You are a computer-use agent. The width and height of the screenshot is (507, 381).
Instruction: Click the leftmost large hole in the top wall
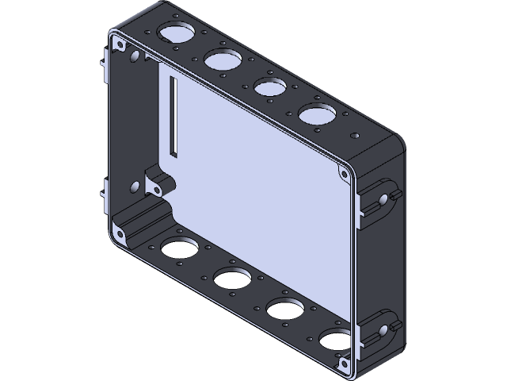[x=177, y=33]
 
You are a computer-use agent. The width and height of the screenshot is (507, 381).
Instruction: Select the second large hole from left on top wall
[x=223, y=59]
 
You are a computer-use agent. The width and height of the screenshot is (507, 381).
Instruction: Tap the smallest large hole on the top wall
[x=270, y=85]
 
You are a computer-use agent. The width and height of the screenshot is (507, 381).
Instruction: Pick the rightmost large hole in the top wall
[x=316, y=115]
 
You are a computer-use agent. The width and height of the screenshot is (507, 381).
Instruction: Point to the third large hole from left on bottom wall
[x=283, y=310]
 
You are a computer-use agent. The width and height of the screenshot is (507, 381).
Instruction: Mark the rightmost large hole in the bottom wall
[x=334, y=341]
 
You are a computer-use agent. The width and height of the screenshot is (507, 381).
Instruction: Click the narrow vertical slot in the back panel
[x=172, y=117]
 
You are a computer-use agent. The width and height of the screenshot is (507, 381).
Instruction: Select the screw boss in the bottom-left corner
[x=119, y=233]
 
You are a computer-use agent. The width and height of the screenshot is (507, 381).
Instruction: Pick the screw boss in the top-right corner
[x=344, y=172]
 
